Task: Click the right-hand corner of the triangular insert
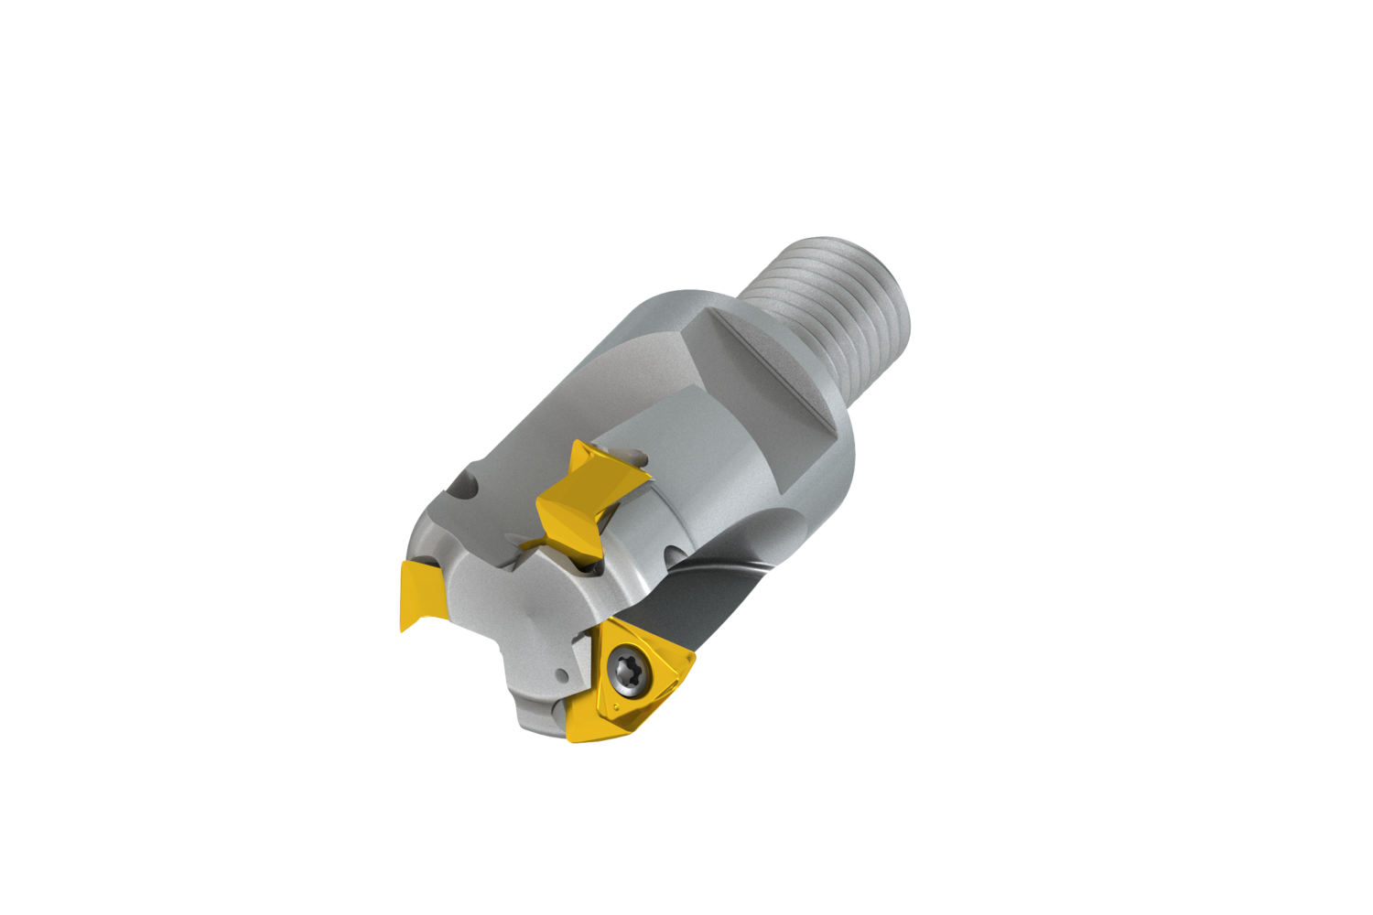(x=693, y=656)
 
